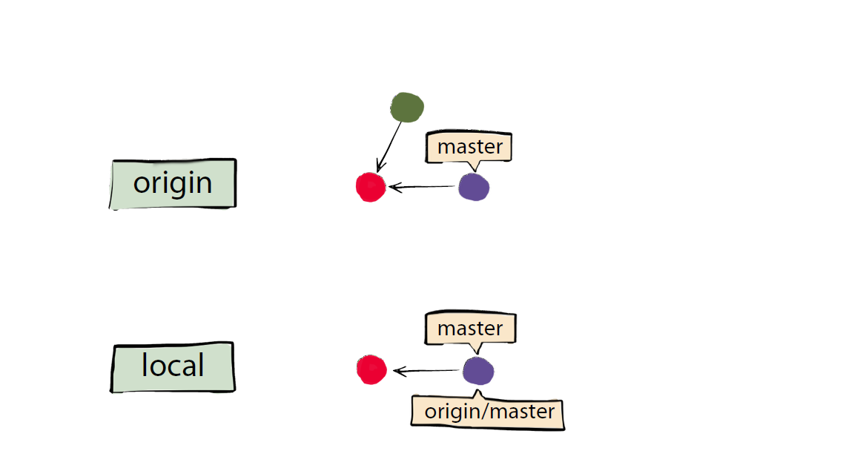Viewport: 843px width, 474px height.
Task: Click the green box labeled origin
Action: pos(173,183)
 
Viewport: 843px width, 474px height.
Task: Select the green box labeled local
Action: pos(173,367)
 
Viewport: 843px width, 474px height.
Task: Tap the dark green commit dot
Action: pos(407,107)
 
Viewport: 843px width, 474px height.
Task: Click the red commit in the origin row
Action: pos(371,187)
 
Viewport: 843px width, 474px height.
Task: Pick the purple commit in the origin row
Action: pos(474,187)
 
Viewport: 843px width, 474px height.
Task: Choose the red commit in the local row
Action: pos(371,369)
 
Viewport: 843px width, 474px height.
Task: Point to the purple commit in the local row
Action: pos(478,371)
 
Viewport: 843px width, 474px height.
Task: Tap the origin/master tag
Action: pos(488,412)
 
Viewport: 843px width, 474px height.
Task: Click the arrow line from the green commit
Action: pos(389,147)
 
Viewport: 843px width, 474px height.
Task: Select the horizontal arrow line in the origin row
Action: pos(422,187)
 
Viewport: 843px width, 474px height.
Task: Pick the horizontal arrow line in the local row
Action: pos(427,371)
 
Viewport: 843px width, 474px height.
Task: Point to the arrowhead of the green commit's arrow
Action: pos(378,169)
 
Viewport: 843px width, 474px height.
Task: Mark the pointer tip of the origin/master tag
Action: pos(477,391)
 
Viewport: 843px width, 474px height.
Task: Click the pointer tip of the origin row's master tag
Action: pos(475,171)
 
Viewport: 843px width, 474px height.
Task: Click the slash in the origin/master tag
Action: pos(486,412)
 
